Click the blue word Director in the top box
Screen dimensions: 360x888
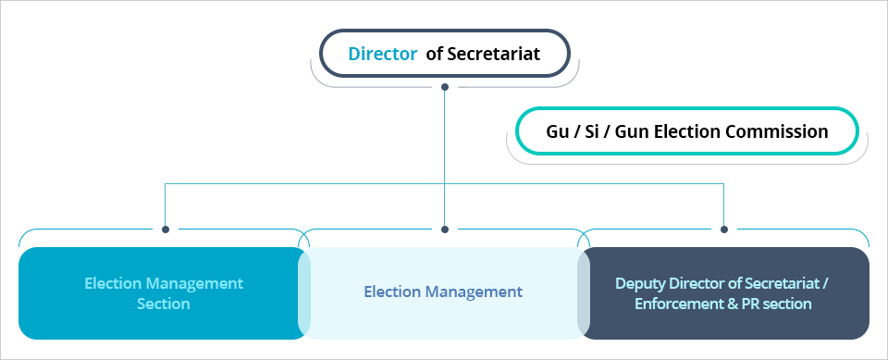(x=382, y=55)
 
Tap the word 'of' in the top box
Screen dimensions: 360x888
(x=434, y=55)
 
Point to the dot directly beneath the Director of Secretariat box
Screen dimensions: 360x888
(x=445, y=87)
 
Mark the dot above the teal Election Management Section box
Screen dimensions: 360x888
(x=166, y=230)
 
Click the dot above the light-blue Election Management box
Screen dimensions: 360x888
(x=445, y=230)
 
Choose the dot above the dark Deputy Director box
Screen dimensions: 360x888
(x=724, y=230)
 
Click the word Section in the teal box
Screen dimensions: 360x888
(x=164, y=304)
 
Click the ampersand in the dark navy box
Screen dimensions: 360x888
(x=730, y=304)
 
